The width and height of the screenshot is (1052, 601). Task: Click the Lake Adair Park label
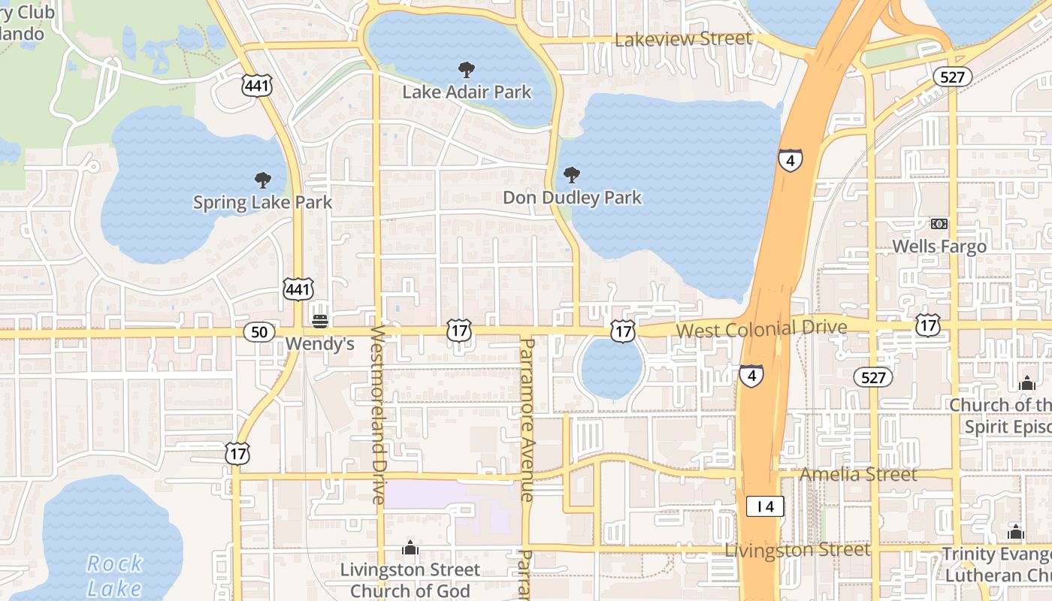pos(467,92)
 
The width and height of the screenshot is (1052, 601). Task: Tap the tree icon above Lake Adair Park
pos(467,71)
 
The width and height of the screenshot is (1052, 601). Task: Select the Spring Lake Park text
pos(262,202)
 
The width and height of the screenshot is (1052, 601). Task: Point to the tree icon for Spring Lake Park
pos(262,180)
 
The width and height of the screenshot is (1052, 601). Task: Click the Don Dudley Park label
pos(572,198)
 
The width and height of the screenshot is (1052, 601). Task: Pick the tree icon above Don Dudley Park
pos(572,176)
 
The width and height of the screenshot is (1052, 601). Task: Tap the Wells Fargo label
pos(939,246)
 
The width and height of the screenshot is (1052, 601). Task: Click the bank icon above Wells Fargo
pos(939,224)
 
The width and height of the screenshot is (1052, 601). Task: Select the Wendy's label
pos(320,344)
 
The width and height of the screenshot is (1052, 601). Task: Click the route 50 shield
pos(258,332)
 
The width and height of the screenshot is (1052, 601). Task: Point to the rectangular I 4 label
pos(765,507)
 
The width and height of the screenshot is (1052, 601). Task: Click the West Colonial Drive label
pos(761,329)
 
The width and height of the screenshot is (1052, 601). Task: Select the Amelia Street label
pos(858,475)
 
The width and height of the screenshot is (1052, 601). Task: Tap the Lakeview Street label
pos(683,39)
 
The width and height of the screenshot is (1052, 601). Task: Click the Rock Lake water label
pos(113,575)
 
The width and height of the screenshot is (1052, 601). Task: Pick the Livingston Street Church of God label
pos(410,580)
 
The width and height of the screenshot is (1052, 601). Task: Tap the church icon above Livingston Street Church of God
pos(410,548)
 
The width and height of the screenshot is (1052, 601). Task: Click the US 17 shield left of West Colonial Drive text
pos(623,331)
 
